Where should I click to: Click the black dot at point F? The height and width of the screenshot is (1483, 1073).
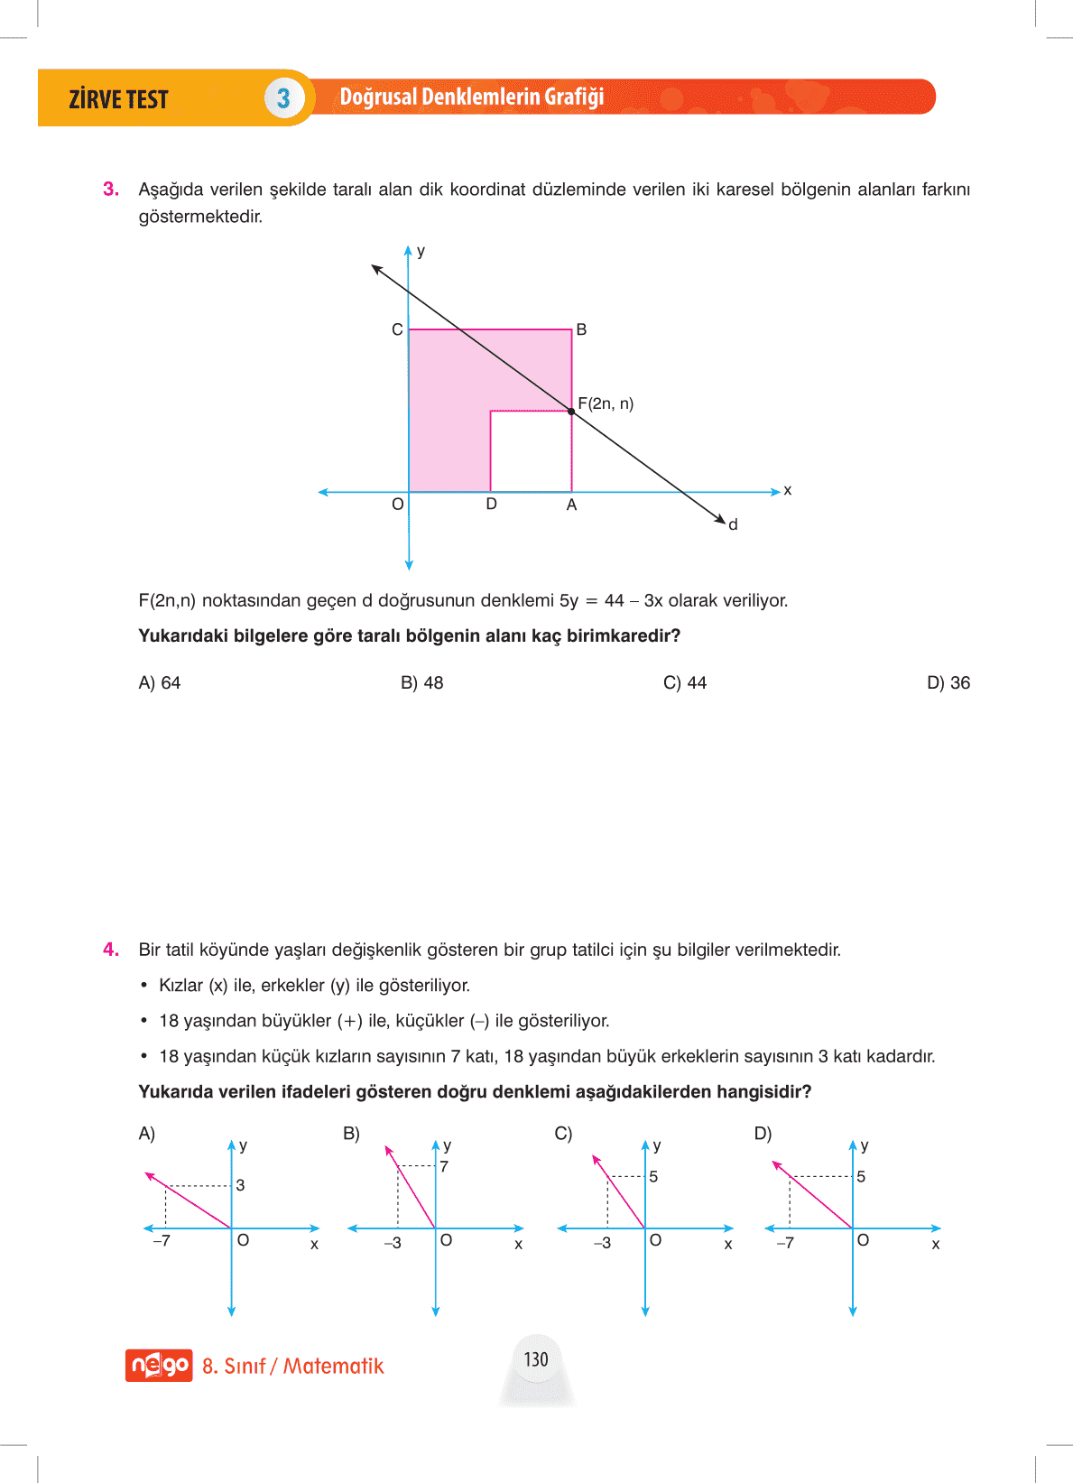pos(571,411)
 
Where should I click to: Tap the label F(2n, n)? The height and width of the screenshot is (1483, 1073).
pos(606,403)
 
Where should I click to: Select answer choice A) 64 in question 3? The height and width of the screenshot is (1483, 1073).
pos(160,683)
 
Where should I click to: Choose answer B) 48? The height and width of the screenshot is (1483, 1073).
pos(421,683)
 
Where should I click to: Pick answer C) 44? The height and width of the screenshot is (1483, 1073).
pos(684,683)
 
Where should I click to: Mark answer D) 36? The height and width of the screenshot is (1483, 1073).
pos(948,683)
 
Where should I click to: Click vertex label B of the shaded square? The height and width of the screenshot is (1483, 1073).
pos(581,329)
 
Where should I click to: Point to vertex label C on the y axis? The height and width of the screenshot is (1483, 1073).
pos(397,329)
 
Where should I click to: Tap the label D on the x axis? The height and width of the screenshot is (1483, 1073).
pos(491,504)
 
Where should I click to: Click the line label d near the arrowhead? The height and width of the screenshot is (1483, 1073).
pos(733,524)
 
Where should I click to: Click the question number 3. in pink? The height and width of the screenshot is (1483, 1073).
pos(111,190)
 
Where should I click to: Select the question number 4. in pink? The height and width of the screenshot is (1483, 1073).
pos(111,950)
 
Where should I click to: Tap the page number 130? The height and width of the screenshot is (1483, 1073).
pos(536,1359)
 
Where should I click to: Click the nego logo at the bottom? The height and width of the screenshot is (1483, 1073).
pos(159,1365)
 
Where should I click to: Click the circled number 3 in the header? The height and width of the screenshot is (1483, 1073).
pos(283,97)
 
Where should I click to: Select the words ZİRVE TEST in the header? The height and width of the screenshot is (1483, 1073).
pos(118,99)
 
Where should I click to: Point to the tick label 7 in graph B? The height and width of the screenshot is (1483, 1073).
pos(444,1166)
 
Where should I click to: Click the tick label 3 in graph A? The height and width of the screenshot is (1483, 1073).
pos(240,1185)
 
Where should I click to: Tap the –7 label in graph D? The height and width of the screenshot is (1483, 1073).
pos(785,1243)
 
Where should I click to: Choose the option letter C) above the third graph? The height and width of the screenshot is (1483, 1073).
pos(563,1134)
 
